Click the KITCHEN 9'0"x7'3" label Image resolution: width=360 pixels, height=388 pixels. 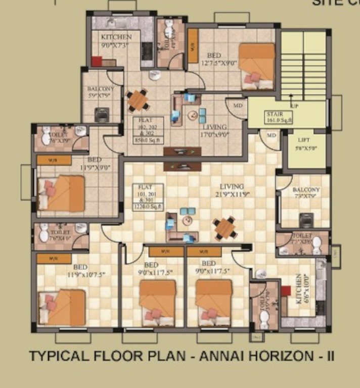point(116,40)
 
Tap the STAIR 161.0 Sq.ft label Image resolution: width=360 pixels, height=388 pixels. point(278,118)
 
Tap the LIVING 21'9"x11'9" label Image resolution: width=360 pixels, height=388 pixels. point(232,190)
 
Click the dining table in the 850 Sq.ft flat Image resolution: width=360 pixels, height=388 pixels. point(138,100)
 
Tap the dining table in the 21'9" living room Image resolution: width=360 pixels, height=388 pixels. point(224,228)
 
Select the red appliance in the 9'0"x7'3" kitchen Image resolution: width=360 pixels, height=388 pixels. point(97,61)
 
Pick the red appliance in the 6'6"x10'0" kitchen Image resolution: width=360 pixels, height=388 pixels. point(286,292)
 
